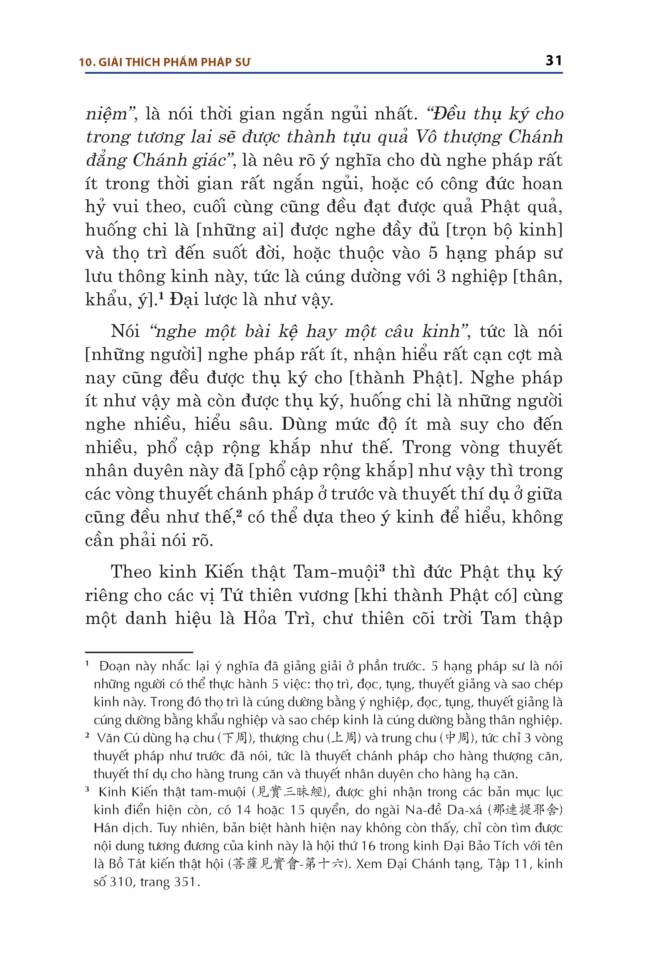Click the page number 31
coord(553,61)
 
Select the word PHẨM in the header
coord(181,62)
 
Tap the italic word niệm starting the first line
coord(107,114)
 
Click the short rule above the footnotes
coord(139,652)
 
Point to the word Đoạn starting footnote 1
coord(115,666)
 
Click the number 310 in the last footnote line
coord(120,881)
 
